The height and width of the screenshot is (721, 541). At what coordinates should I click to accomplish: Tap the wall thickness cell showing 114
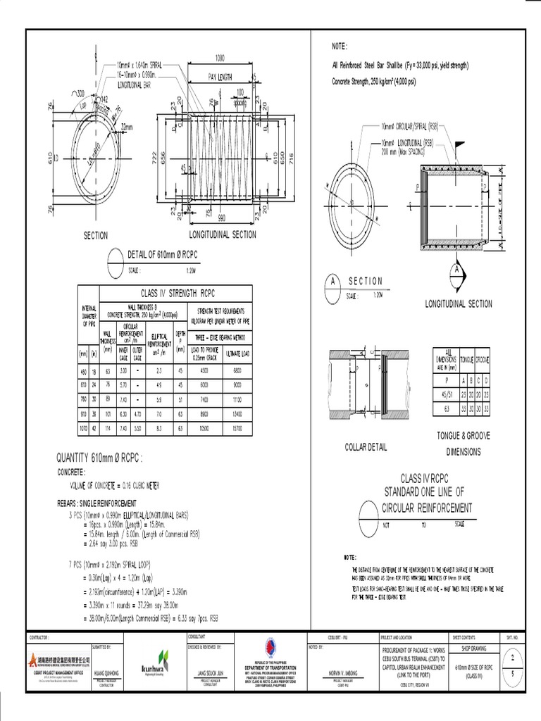(108, 427)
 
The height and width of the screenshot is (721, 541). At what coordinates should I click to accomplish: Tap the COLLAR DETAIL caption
(367, 446)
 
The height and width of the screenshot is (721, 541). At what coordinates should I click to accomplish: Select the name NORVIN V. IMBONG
(343, 672)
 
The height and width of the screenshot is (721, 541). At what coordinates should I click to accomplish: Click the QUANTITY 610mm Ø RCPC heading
(104, 459)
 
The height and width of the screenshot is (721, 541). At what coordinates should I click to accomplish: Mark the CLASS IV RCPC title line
(424, 478)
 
